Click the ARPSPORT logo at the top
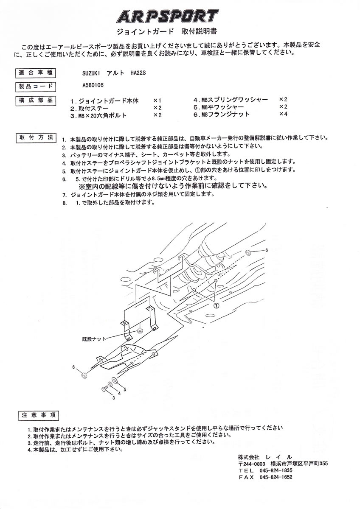[167, 17]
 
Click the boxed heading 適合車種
[36, 73]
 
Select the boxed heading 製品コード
[36, 87]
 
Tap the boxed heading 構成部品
[36, 101]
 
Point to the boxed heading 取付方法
[36, 137]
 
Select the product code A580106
[93, 85]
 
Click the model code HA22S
[138, 73]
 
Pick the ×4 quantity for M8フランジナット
[283, 114]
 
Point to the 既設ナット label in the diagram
[94, 339]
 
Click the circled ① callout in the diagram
[217, 306]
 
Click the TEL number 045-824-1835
[276, 470]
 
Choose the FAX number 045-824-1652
[276, 477]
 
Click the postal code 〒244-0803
[251, 463]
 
